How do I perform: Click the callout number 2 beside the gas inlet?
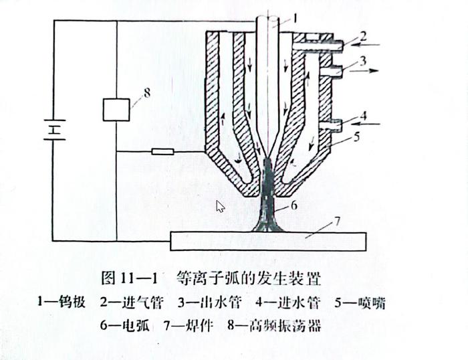[x=363, y=35]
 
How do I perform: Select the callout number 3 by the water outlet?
[x=363, y=62]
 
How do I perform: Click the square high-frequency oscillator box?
[x=116, y=109]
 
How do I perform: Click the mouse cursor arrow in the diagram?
[x=220, y=205]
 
